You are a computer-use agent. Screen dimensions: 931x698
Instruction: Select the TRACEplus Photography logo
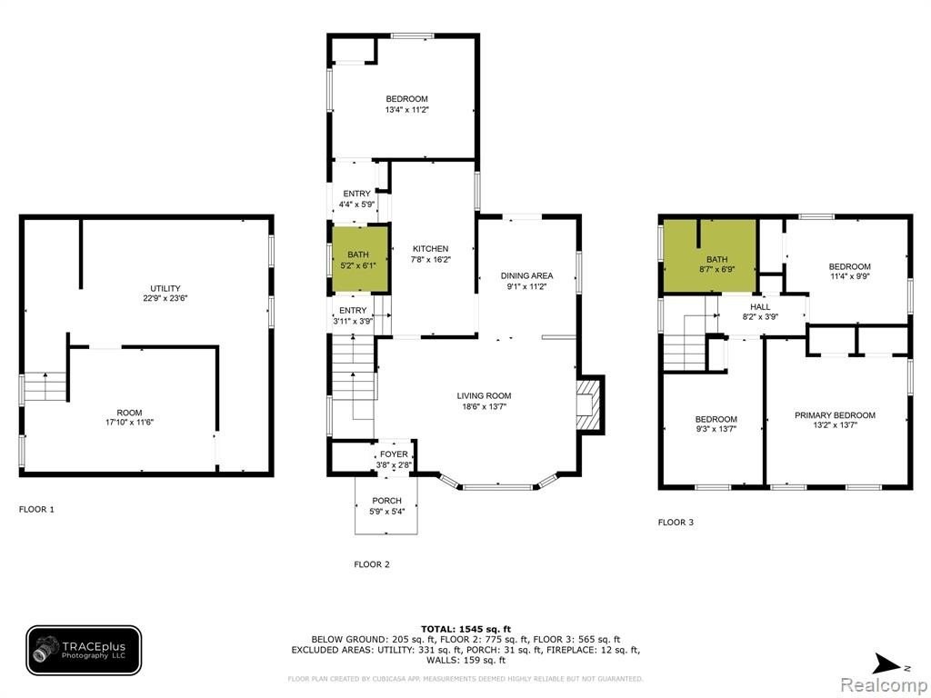[x=84, y=651]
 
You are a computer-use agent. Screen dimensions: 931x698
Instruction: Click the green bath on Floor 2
[x=358, y=259]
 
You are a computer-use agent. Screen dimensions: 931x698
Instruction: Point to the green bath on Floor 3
[x=709, y=256]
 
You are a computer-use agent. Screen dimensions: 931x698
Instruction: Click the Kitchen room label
[x=430, y=249]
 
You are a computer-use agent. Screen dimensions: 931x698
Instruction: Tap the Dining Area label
[x=526, y=275]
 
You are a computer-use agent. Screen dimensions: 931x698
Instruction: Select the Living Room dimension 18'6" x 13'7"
[x=484, y=406]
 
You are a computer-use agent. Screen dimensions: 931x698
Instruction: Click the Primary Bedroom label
[x=835, y=414]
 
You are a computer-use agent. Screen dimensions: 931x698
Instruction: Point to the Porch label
[x=386, y=501]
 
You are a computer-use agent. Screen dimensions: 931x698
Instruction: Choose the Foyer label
[x=394, y=454]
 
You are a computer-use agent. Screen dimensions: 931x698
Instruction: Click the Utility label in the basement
[x=165, y=288]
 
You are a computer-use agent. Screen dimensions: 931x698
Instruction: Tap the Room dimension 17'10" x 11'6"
[x=129, y=423]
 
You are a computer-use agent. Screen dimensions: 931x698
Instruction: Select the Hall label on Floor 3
[x=760, y=307]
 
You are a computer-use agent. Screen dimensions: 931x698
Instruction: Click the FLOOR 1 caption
[x=36, y=509]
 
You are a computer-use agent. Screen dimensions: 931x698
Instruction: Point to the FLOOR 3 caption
[x=676, y=523]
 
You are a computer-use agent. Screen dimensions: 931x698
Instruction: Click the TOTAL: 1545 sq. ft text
[x=465, y=629]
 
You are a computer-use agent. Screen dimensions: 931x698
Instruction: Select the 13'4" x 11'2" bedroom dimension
[x=406, y=109]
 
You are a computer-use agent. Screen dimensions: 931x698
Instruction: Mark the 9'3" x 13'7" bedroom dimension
[x=716, y=429]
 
